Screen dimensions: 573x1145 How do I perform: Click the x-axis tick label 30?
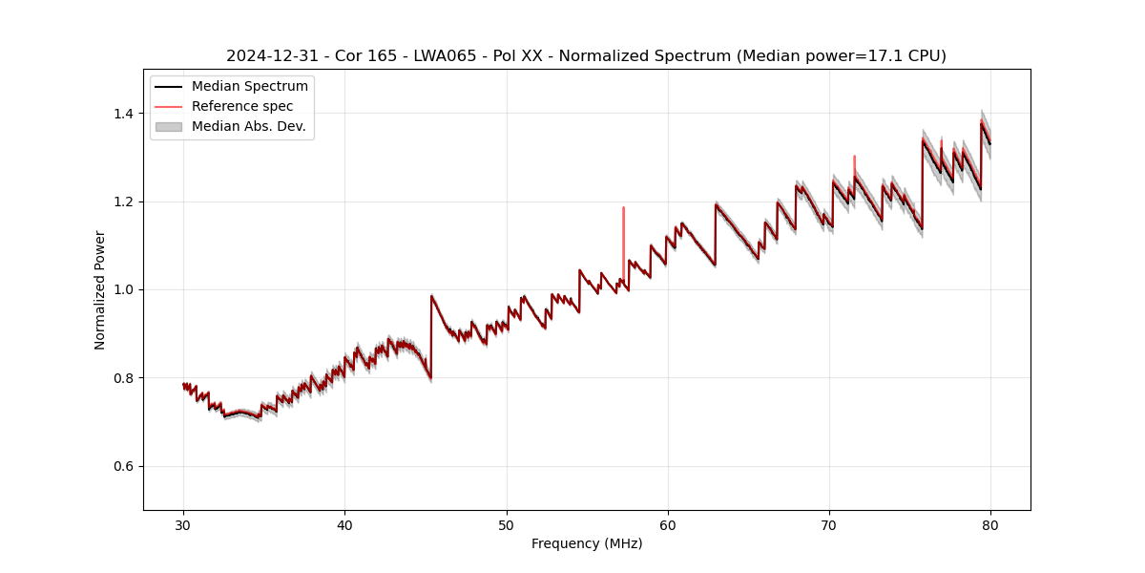[x=183, y=524]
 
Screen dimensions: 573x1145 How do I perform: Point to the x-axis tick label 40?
[x=344, y=524]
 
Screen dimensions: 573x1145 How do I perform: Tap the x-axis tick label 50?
[x=507, y=524]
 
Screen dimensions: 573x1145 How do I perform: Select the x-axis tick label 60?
[x=668, y=524]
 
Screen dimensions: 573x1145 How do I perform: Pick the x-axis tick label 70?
[x=829, y=524]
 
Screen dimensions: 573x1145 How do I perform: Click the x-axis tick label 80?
[x=990, y=524]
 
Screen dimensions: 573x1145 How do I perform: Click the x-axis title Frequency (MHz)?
[x=587, y=543]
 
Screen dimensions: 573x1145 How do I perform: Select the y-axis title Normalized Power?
[x=100, y=289]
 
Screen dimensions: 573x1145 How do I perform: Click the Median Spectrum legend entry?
[x=249, y=87]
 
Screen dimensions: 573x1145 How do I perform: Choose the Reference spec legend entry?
[x=242, y=107]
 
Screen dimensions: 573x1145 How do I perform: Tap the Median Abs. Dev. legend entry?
[x=248, y=127]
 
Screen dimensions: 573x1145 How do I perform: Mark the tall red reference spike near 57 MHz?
[x=623, y=224]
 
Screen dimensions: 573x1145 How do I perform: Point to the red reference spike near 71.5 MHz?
[x=854, y=162]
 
